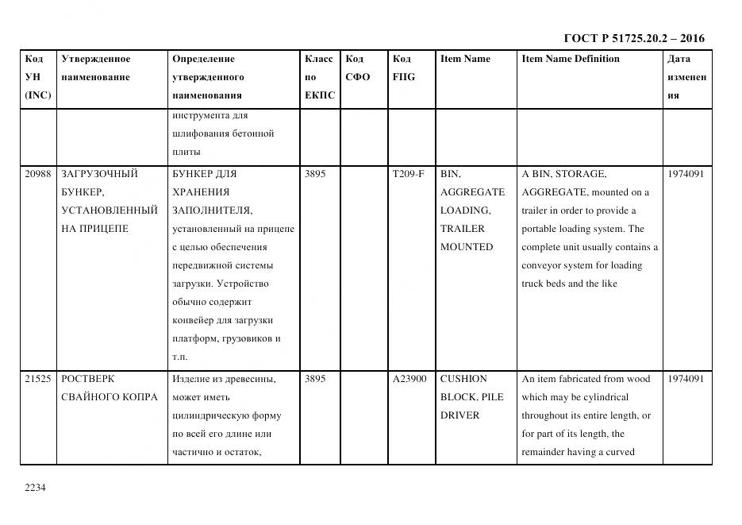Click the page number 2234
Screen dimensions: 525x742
point(36,488)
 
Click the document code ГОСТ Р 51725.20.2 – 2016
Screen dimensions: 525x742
point(633,38)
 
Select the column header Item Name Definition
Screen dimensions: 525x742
point(570,59)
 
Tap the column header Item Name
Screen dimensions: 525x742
point(465,59)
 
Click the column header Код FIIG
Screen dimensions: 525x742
point(403,68)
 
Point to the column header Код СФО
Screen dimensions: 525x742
point(358,68)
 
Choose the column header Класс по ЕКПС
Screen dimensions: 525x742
point(319,77)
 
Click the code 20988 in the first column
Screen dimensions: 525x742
point(38,174)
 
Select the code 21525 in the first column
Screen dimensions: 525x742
point(38,379)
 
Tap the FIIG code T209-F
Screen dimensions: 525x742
point(408,174)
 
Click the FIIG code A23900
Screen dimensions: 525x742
point(409,379)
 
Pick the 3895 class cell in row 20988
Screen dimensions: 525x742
point(315,174)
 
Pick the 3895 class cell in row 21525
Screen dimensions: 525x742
point(315,379)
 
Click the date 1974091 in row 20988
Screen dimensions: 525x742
point(686,174)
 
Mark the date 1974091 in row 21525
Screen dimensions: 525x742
point(686,379)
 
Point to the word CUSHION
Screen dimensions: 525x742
point(463,379)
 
